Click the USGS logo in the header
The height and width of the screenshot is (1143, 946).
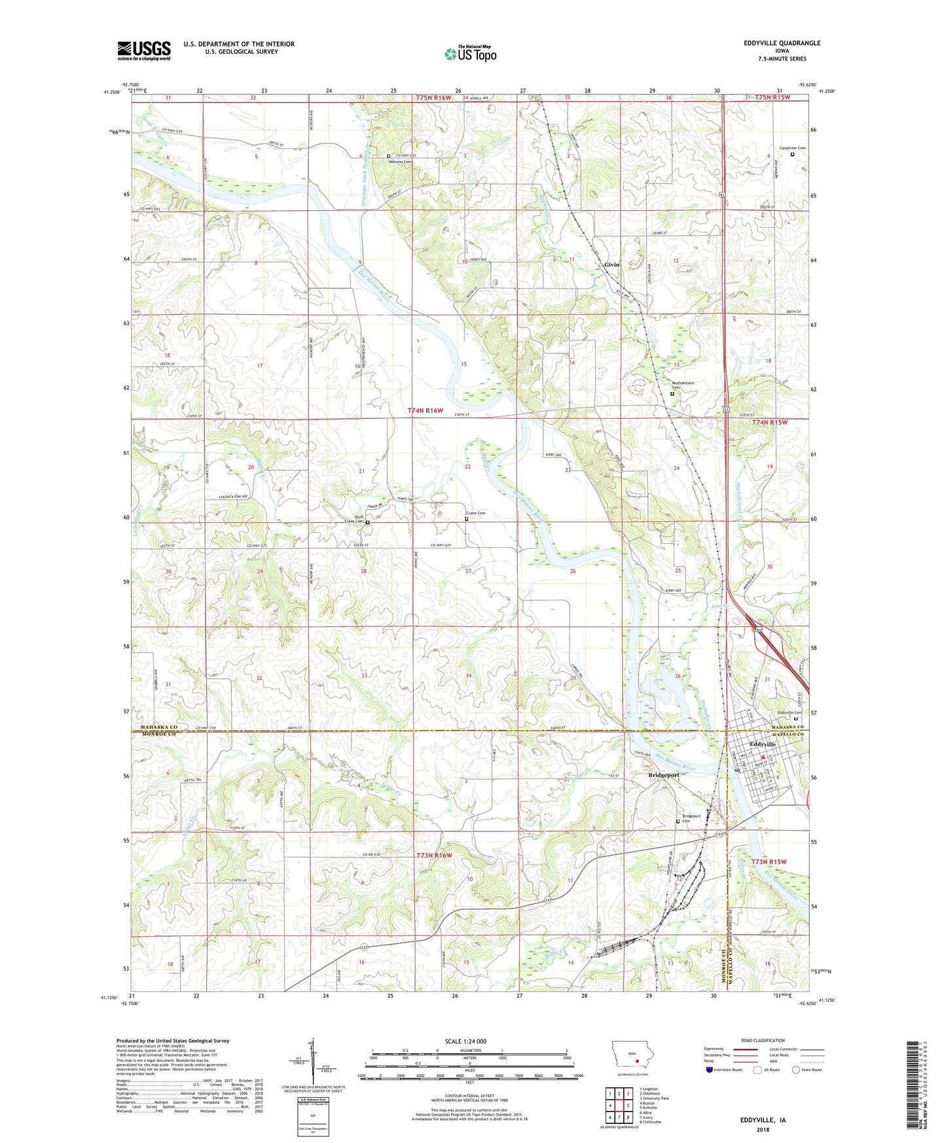[144, 50]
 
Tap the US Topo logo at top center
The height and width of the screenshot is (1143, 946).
[470, 54]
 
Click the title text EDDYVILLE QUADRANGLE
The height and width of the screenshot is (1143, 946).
[782, 43]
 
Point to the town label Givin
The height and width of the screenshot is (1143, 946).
[611, 264]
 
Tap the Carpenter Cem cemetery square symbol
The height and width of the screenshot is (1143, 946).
[792, 155]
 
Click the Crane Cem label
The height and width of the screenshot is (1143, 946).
[475, 513]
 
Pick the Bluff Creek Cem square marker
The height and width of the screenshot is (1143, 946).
[367, 522]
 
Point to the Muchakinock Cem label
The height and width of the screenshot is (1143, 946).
[678, 385]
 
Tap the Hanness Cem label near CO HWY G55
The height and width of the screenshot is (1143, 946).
[400, 162]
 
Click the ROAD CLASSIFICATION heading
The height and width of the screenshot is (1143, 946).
[763, 1040]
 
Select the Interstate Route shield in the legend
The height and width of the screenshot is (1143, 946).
[710, 1070]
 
